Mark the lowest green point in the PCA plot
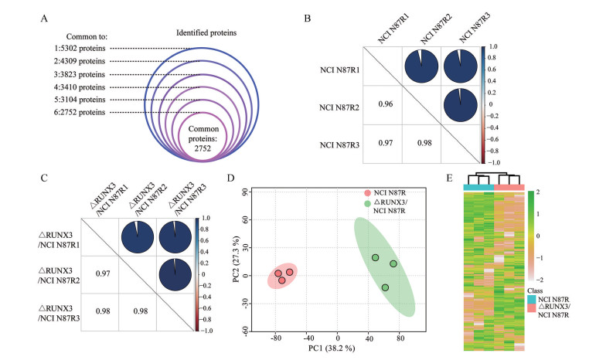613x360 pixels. tap(385, 287)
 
